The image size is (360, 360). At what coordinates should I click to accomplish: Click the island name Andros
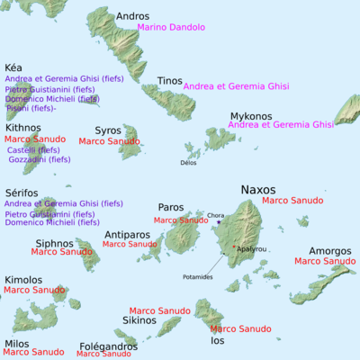tap(133, 15)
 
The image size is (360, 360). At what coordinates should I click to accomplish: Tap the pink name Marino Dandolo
tap(172, 28)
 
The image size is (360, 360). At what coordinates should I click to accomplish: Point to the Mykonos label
tap(251, 116)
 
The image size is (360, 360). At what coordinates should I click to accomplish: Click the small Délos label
tap(188, 163)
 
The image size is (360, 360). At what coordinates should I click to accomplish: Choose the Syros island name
tap(108, 130)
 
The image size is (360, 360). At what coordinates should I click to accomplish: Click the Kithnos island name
tap(22, 128)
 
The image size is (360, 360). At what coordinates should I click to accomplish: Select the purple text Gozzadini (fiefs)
tap(39, 159)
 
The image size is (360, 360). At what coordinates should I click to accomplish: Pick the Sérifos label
tap(22, 193)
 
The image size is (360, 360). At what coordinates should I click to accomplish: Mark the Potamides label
tap(198, 276)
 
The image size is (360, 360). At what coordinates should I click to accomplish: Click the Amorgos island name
tap(324, 251)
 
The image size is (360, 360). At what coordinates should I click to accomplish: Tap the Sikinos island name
tap(139, 320)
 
